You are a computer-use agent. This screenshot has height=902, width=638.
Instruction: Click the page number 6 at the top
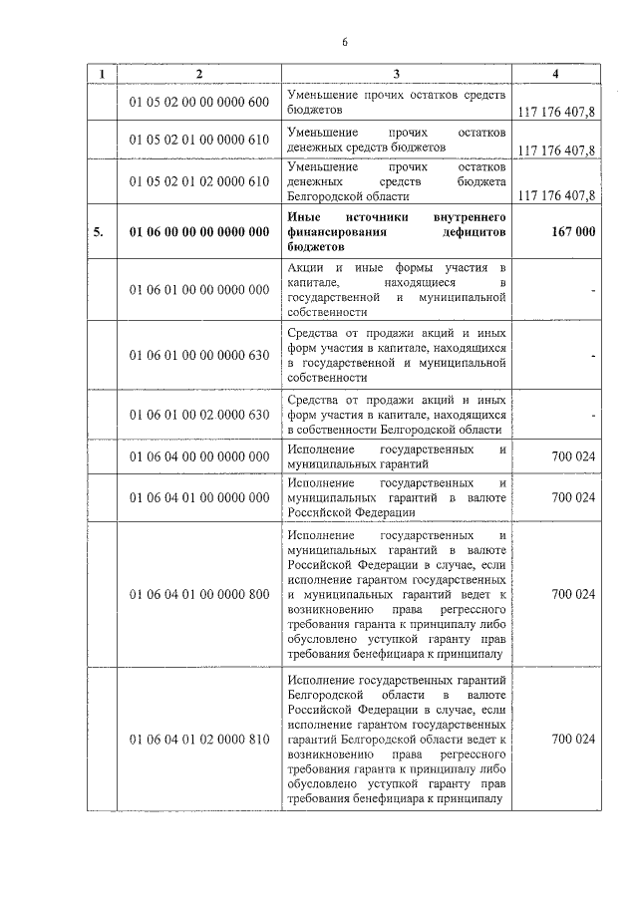pyautogui.click(x=344, y=41)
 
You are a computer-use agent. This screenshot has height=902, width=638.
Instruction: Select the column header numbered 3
pyautogui.click(x=396, y=75)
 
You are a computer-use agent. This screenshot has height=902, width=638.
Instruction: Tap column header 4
pyautogui.click(x=555, y=75)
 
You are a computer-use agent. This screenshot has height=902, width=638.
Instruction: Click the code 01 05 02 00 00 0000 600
pyautogui.click(x=199, y=104)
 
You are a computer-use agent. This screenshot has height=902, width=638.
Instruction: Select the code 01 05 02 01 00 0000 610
pyautogui.click(x=199, y=141)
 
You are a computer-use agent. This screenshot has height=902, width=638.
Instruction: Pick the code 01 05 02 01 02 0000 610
pyautogui.click(x=199, y=181)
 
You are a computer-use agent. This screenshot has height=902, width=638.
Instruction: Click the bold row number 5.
pyautogui.click(x=99, y=231)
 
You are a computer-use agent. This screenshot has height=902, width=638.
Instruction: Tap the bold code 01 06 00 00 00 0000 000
pyautogui.click(x=199, y=231)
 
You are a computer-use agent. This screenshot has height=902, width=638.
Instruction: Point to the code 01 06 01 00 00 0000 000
pyautogui.click(x=199, y=289)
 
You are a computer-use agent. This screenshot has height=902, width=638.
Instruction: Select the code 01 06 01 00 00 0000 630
pyautogui.click(x=199, y=355)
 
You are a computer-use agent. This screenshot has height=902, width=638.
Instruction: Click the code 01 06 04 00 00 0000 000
pyautogui.click(x=199, y=456)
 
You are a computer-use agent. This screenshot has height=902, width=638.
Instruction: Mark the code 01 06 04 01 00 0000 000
pyautogui.click(x=199, y=496)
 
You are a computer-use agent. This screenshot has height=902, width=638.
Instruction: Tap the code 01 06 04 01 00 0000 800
pyautogui.click(x=199, y=594)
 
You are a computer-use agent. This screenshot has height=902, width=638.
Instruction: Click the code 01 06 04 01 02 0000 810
pyautogui.click(x=199, y=741)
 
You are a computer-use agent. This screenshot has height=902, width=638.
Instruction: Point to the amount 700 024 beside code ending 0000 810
pyautogui.click(x=572, y=741)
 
